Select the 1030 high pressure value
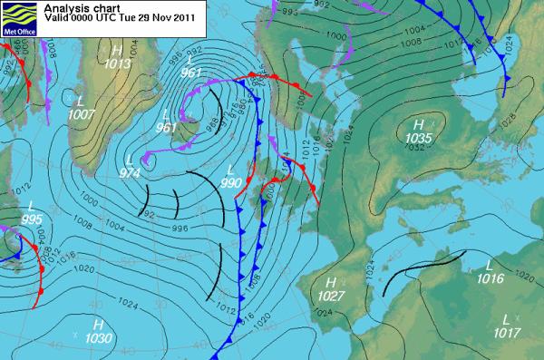(x=99, y=337)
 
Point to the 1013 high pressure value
(x=118, y=63)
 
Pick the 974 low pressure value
(x=131, y=172)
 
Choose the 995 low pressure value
(x=31, y=219)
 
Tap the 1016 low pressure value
(x=490, y=280)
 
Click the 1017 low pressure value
(x=506, y=333)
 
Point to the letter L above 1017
(x=506, y=319)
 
